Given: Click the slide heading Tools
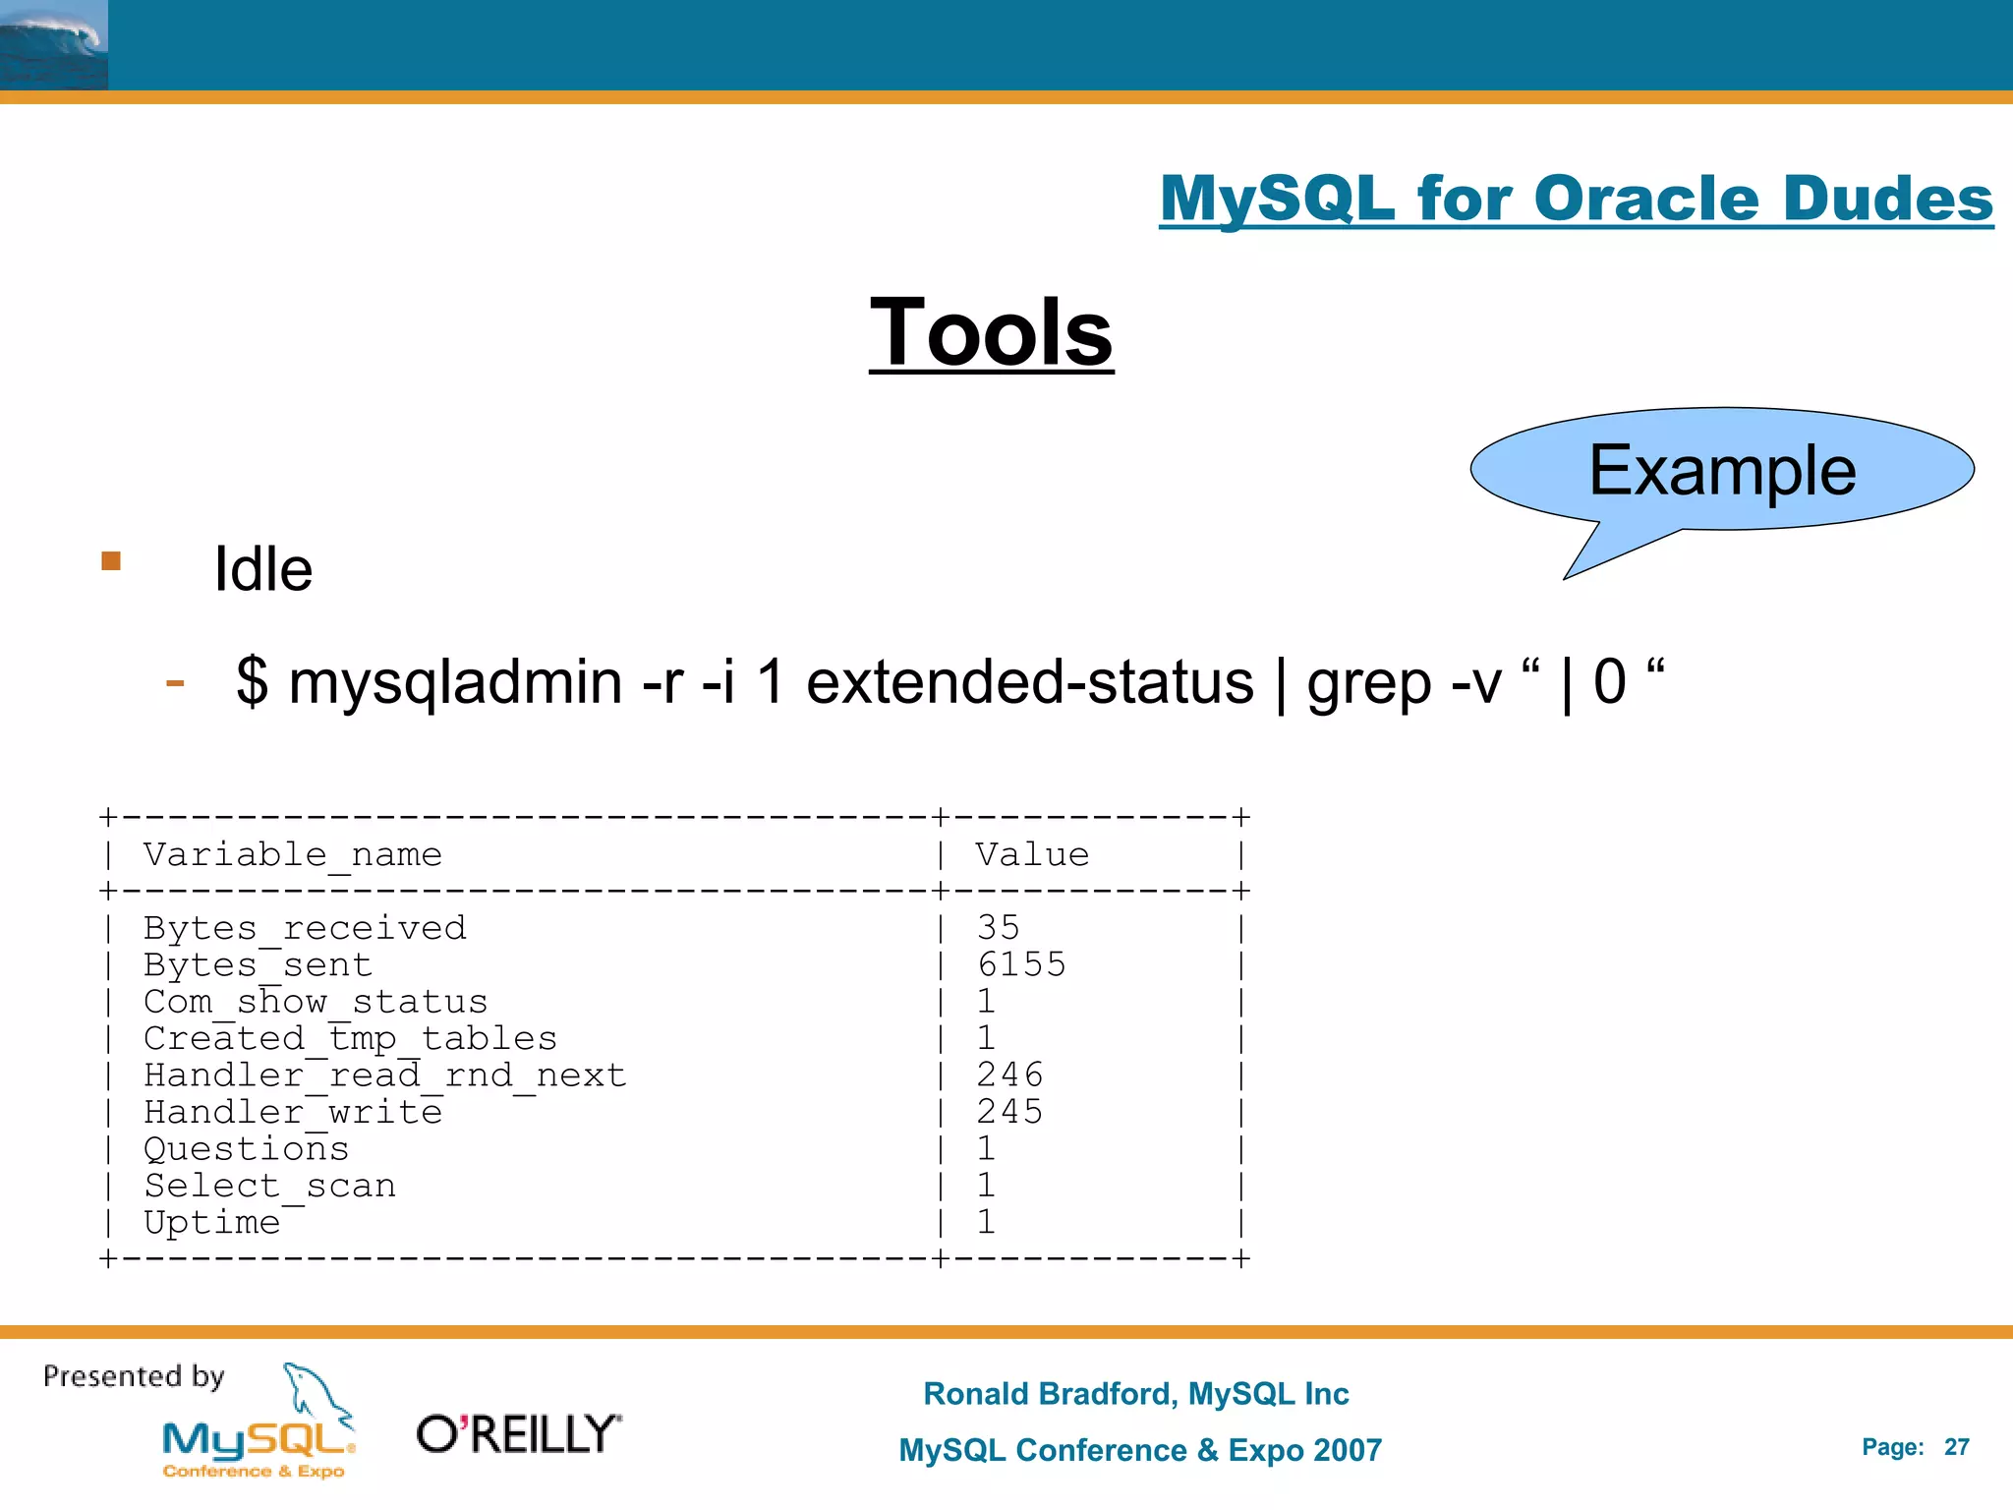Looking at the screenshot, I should click(x=991, y=333).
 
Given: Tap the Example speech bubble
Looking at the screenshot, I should click(x=1722, y=470).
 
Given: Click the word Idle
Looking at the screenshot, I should click(x=263, y=569).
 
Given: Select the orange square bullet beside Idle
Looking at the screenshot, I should click(x=111, y=561).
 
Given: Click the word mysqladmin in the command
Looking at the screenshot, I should click(x=455, y=682).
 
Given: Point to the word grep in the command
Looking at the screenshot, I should click(x=1368, y=682).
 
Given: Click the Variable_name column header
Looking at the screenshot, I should click(x=293, y=854).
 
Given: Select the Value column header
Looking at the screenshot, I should click(x=1032, y=854).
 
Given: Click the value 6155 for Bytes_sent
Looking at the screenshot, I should click(x=1021, y=964).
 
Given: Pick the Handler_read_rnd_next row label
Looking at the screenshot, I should click(x=385, y=1074).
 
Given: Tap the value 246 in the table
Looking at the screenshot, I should click(x=1009, y=1074).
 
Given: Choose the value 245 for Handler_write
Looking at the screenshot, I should click(x=1009, y=1111).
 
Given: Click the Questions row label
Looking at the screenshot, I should click(x=247, y=1148).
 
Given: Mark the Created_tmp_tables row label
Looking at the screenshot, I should click(x=350, y=1038).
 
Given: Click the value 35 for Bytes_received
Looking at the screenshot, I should click(x=999, y=927).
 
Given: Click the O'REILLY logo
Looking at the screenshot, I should click(x=519, y=1434).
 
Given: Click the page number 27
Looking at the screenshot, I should click(x=1956, y=1447).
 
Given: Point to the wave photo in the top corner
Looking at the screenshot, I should click(x=54, y=45).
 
